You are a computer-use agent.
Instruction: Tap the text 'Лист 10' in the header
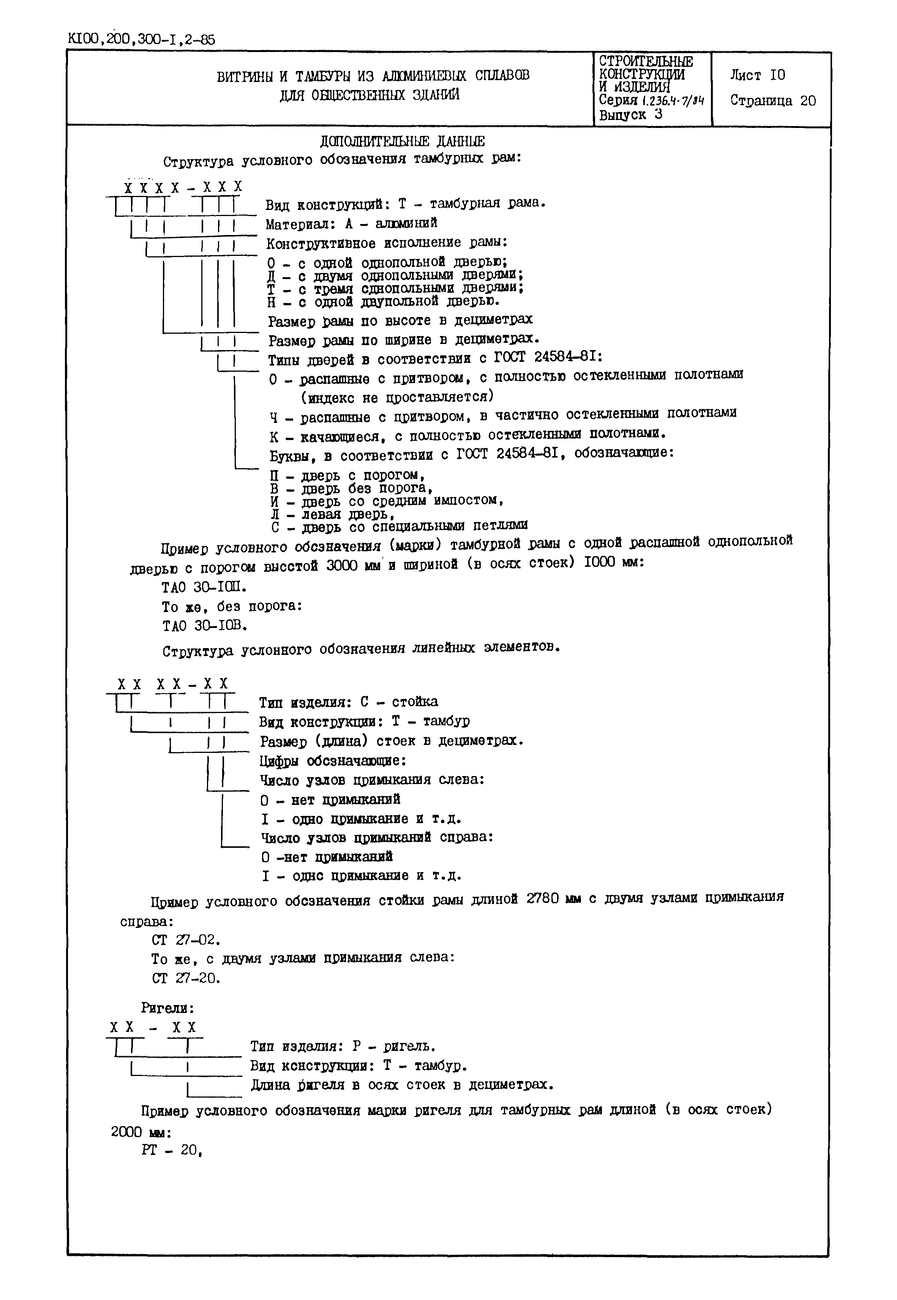[758, 75]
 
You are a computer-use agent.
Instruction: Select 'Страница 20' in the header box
[773, 101]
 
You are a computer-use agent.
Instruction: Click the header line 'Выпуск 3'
[631, 115]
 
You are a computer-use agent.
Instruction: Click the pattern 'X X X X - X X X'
[183, 188]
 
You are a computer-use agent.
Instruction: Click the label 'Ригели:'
[167, 1008]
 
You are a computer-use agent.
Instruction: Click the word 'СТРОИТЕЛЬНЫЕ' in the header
[646, 61]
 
